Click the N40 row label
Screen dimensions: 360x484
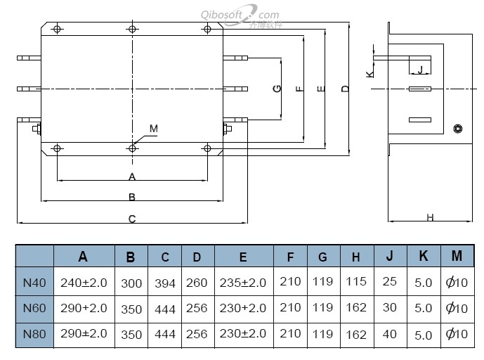point(34,283)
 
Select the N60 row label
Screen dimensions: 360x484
point(34,307)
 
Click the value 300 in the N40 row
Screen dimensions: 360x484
point(131,283)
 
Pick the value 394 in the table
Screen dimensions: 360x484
point(164,283)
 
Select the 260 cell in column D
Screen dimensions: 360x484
point(197,283)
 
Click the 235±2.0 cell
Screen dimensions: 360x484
point(243,283)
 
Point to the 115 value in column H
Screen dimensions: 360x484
point(356,281)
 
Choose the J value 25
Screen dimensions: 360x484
point(390,281)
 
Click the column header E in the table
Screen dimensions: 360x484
point(243,257)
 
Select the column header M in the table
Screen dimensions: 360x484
point(457,256)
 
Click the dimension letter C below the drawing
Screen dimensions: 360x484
point(132,219)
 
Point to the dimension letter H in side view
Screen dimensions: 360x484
point(430,217)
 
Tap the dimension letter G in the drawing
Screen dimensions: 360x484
point(277,89)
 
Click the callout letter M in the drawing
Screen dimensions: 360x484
point(154,129)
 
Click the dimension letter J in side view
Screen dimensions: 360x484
point(420,70)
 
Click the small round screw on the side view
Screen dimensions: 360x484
point(458,128)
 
